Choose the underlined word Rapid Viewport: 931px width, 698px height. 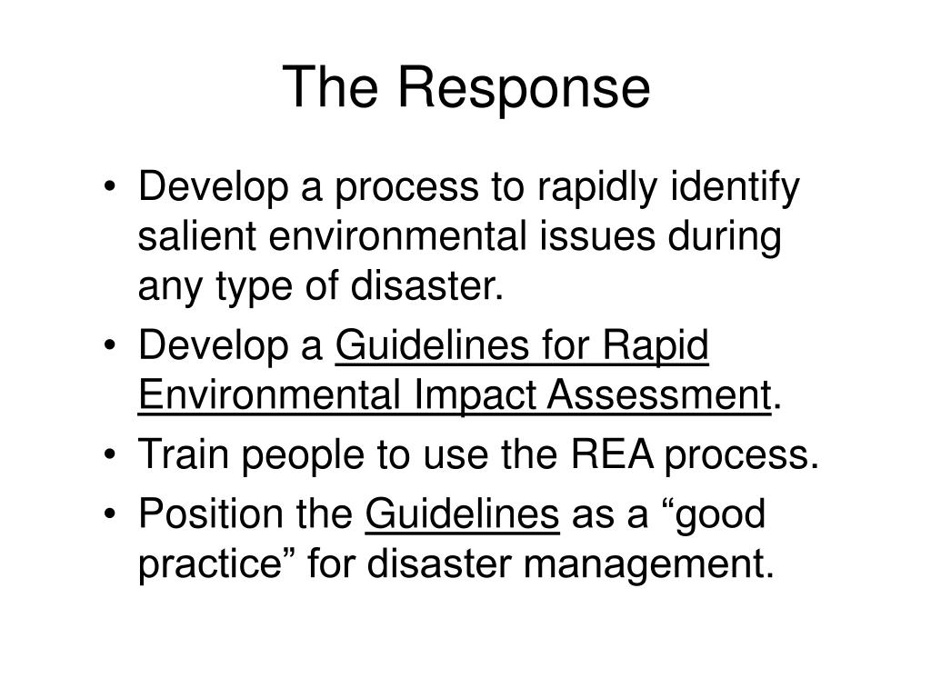pyautogui.click(x=656, y=347)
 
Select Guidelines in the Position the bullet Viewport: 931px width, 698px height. pyautogui.click(x=461, y=515)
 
